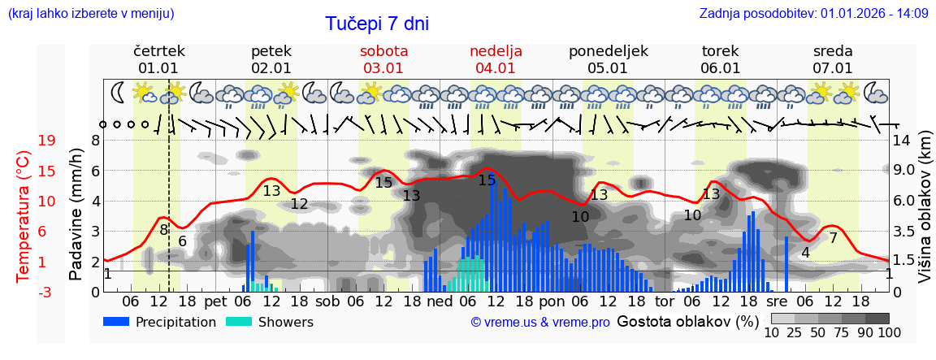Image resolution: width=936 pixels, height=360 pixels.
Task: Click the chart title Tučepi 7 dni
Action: [x=377, y=24]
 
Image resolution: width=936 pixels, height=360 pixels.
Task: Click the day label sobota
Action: [x=383, y=51]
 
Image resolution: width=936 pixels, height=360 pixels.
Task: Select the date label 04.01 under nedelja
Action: [x=496, y=68]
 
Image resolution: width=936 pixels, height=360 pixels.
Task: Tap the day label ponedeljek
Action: [x=608, y=51]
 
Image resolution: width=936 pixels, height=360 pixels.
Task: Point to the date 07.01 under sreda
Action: [x=833, y=68]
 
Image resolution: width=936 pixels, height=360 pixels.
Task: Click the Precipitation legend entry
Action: [x=159, y=322]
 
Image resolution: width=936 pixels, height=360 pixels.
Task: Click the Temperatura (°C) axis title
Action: [x=24, y=215]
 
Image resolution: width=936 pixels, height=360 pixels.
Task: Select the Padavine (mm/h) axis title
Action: [x=76, y=215]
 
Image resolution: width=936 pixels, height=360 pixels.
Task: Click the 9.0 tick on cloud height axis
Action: [x=903, y=171]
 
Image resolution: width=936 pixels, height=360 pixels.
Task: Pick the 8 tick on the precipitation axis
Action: [x=95, y=141]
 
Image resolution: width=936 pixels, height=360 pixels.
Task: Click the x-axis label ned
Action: [x=439, y=301]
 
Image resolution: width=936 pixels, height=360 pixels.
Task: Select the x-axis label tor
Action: [x=665, y=301]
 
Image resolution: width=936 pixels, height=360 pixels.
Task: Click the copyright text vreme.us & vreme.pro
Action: [x=539, y=322]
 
